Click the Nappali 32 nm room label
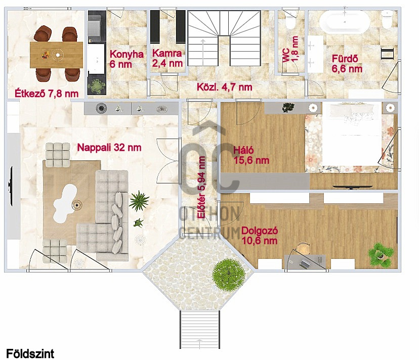(x=109, y=148)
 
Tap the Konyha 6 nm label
(x=127, y=59)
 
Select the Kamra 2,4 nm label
(x=167, y=58)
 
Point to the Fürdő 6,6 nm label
(x=347, y=64)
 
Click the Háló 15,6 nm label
(x=251, y=155)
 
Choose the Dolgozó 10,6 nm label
(x=260, y=236)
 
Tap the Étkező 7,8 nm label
(x=47, y=94)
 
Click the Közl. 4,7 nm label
(x=225, y=87)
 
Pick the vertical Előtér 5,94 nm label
(x=201, y=188)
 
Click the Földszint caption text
(x=30, y=353)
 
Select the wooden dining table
(x=56, y=55)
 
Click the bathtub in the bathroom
(x=345, y=21)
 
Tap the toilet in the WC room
(x=290, y=20)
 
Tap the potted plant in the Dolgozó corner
(x=381, y=253)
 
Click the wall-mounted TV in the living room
(x=11, y=186)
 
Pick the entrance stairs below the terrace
(x=199, y=330)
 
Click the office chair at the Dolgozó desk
(x=303, y=248)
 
